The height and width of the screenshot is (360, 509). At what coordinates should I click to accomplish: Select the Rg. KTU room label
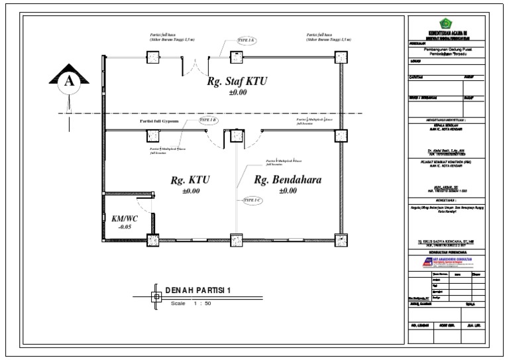[190, 180]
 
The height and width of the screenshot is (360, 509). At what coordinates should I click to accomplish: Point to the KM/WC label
[125, 218]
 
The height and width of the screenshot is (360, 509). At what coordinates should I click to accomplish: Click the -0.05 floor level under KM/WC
[125, 227]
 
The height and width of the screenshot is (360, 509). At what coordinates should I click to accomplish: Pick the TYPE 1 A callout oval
[247, 40]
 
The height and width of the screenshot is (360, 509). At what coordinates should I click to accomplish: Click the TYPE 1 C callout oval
[252, 199]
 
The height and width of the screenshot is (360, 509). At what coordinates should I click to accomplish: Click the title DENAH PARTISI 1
[199, 290]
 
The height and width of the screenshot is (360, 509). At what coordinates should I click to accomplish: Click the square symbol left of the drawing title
[156, 296]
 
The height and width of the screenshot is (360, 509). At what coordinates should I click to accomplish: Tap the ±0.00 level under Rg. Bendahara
[287, 191]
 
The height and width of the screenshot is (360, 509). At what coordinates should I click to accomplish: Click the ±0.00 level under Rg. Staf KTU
[237, 93]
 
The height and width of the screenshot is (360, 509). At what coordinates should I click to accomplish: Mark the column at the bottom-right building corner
[339, 240]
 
